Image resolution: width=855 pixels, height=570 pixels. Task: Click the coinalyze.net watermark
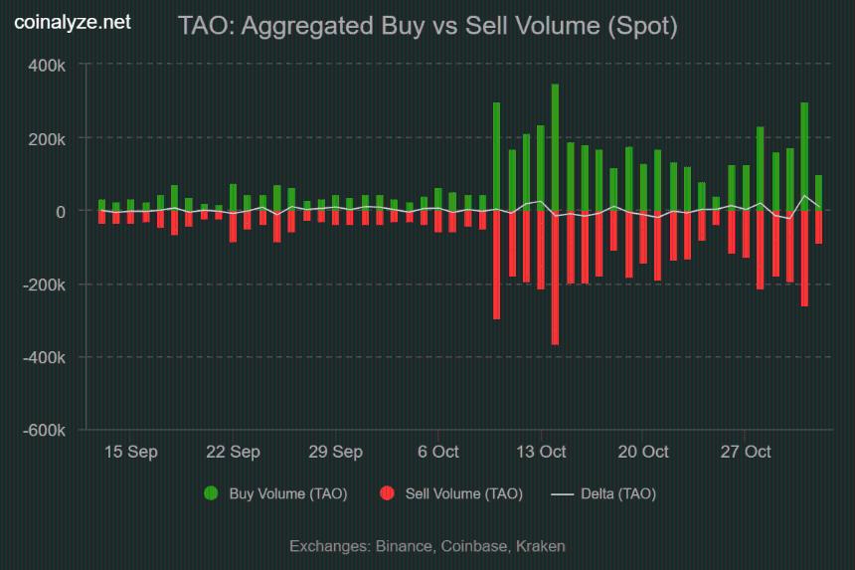[x=72, y=22]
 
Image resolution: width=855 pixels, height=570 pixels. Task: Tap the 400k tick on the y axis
[x=46, y=65]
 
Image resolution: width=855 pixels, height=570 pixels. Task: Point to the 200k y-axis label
[x=46, y=138]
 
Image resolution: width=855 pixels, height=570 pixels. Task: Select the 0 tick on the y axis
[x=60, y=211]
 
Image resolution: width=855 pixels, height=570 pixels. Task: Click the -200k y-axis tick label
[x=43, y=285]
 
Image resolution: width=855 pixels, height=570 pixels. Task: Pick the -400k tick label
[x=43, y=357]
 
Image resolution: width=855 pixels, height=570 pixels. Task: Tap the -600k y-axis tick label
[x=43, y=431]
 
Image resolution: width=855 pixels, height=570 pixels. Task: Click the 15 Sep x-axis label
[x=130, y=452]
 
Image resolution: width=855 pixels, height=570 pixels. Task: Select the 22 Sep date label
[x=233, y=452]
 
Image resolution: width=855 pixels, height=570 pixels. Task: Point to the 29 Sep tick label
[x=335, y=452]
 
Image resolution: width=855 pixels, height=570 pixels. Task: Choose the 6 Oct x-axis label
[x=437, y=452]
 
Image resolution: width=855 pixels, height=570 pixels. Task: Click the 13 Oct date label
[x=540, y=452]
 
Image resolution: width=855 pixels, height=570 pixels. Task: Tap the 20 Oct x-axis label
[x=642, y=452]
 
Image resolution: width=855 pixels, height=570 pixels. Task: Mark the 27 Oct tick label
[x=745, y=452]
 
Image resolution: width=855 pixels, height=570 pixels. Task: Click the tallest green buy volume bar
[x=555, y=147]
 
